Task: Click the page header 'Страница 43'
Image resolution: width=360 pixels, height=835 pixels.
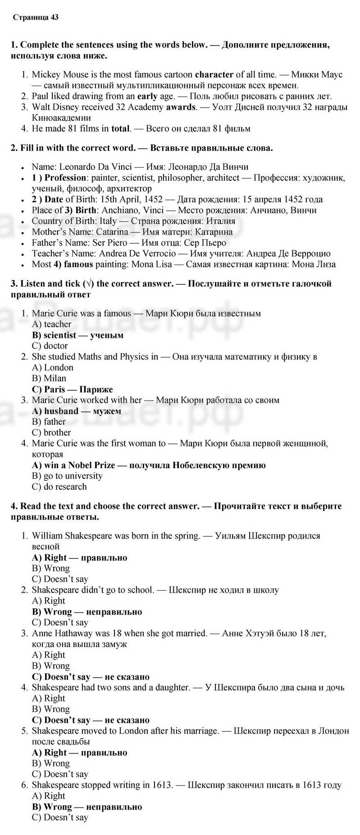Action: [36, 18]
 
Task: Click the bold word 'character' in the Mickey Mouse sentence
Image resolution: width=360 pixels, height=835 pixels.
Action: [214, 74]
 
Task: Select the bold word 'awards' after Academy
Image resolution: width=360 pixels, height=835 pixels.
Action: [181, 107]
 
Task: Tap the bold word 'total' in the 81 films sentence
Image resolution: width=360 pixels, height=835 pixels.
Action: [120, 129]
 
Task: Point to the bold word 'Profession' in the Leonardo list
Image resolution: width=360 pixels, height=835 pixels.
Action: [65, 178]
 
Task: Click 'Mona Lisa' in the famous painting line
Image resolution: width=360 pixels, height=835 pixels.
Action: [151, 265]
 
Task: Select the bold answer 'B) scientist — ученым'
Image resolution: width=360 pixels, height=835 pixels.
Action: [77, 335]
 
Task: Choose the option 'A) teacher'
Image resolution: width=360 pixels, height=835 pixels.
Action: [51, 324]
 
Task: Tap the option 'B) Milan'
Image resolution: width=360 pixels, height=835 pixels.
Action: [49, 379]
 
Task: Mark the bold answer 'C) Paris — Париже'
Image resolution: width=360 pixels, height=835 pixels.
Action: [72, 389]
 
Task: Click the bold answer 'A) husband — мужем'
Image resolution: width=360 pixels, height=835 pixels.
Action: [77, 411]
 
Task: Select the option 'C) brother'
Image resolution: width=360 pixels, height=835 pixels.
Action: [51, 433]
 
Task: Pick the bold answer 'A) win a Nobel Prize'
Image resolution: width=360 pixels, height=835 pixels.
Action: [73, 465]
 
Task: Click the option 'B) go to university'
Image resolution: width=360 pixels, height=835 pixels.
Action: [67, 476]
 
